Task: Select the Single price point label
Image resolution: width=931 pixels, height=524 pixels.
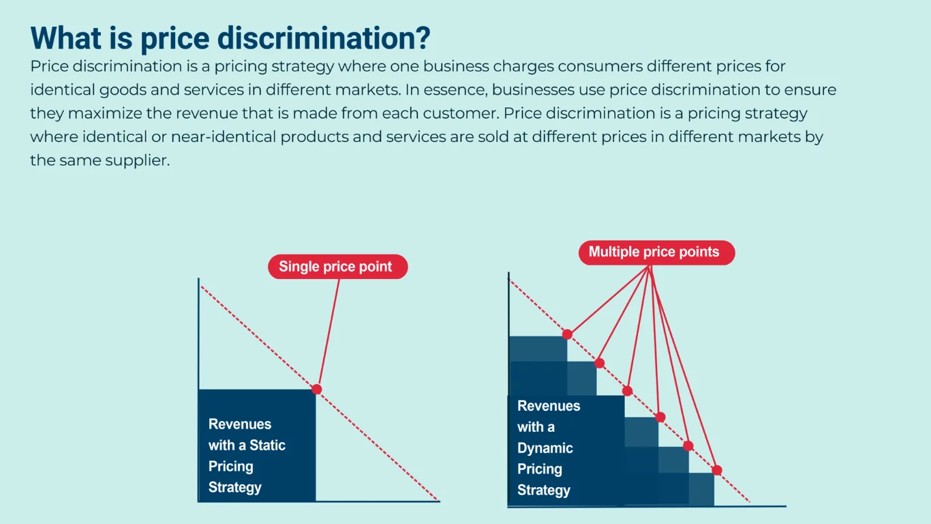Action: [337, 267]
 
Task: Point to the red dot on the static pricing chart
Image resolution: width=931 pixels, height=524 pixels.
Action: [316, 389]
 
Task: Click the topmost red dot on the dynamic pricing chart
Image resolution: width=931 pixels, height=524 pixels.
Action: [567, 334]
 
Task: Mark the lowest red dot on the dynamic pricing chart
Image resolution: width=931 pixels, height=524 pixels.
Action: [717, 470]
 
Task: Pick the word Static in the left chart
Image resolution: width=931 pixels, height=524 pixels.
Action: [267, 446]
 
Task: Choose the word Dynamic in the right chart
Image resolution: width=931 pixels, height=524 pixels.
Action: [545, 448]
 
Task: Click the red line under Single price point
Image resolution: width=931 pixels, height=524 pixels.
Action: [328, 334]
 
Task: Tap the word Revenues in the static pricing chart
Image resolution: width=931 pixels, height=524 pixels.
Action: [240, 424]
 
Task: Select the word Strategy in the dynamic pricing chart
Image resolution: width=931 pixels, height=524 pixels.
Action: [543, 491]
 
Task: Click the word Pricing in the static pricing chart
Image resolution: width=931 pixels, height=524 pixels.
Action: [230, 467]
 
